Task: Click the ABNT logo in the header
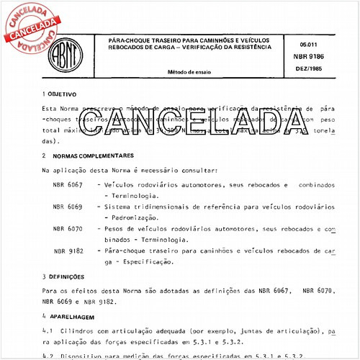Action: [67, 48]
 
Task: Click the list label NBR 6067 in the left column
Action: [68, 185]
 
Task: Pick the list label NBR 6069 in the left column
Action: [68, 207]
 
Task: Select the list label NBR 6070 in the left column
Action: [68, 228]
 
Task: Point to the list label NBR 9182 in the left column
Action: [69, 251]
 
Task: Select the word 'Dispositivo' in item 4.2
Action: [85, 355]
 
